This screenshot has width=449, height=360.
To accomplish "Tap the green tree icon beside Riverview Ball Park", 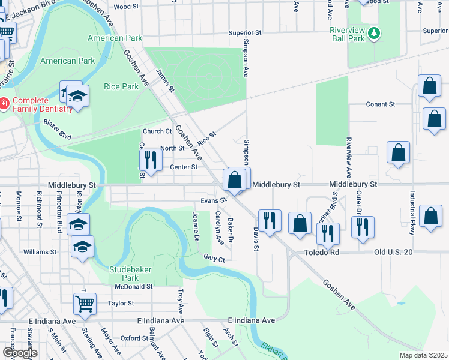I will pyautogui.click(x=374, y=32).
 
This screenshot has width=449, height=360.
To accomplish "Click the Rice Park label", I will pyautogui.click(x=121, y=86).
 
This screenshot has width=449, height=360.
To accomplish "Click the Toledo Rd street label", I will pyautogui.click(x=321, y=253).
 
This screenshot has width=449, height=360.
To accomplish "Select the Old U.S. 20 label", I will pyautogui.click(x=393, y=253).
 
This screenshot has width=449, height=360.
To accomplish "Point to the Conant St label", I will pyautogui.click(x=381, y=104).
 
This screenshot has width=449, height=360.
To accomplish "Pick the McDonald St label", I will pyautogui.click(x=134, y=286).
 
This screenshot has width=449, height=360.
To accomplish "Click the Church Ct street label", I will pyautogui.click(x=157, y=131).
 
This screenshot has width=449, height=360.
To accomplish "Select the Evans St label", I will pyautogui.click(x=213, y=200).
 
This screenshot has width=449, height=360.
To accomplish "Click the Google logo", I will pyautogui.click(x=20, y=353).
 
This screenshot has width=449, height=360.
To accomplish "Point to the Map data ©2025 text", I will pyautogui.click(x=423, y=355).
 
